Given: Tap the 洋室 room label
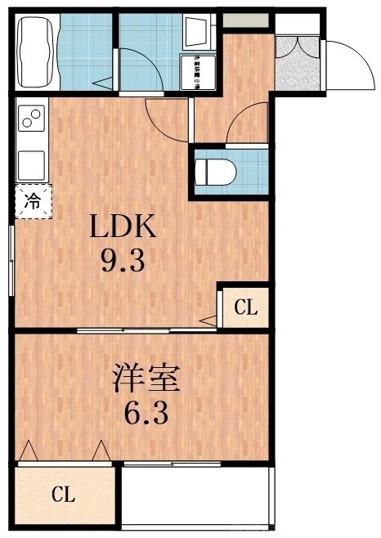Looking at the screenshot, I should click(147, 379).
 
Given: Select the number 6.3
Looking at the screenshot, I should click(147, 412).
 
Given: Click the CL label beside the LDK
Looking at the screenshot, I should click(245, 308).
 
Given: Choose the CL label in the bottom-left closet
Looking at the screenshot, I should click(64, 494).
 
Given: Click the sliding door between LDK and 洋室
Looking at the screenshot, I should click(147, 330).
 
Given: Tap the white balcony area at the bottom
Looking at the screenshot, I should click(196, 499).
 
